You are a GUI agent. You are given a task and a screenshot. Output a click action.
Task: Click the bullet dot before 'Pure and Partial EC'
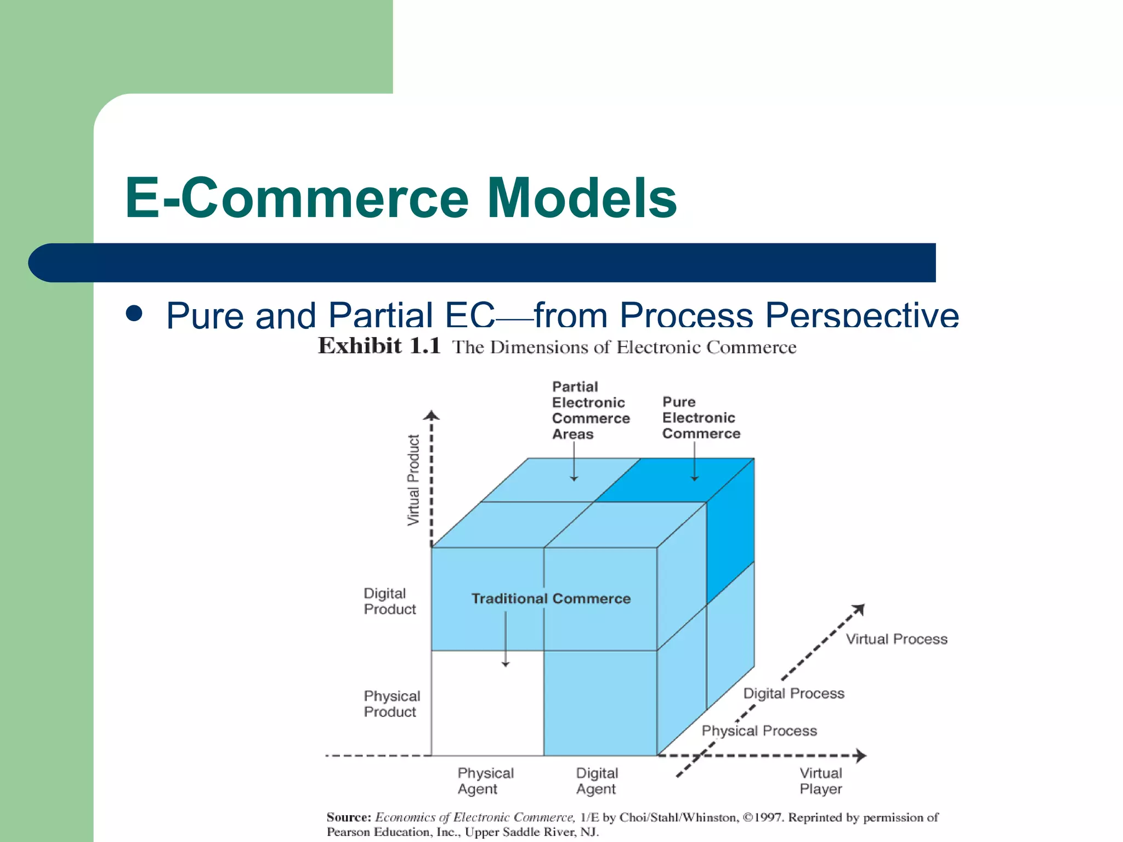134,314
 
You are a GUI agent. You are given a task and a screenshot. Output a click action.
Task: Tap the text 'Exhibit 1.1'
379,346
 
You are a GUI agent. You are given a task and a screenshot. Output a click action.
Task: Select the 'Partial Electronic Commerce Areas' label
591,410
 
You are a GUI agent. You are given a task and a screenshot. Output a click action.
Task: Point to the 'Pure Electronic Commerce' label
701,418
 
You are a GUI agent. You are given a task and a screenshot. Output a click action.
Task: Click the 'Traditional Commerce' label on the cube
551,599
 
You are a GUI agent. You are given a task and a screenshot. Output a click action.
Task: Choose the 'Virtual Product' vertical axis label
413,480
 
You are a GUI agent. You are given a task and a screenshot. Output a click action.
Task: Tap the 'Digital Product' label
389,601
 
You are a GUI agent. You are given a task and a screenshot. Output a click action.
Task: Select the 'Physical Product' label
392,704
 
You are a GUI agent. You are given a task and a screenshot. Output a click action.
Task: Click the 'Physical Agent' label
485,781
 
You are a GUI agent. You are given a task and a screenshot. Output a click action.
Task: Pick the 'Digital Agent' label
597,781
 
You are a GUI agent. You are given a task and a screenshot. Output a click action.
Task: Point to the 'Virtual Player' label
820,781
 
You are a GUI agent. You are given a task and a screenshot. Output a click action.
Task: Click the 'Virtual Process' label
896,639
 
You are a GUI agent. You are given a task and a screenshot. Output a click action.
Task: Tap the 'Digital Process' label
793,693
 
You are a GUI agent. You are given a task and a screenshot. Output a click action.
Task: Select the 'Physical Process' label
759,731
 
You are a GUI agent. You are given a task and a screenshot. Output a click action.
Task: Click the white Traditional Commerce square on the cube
487,704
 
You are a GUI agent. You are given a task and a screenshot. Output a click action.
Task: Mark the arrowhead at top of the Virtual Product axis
432,415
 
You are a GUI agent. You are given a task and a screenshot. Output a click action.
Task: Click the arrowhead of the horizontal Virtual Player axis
861,755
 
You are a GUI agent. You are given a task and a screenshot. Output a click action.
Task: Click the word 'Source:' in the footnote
349,817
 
